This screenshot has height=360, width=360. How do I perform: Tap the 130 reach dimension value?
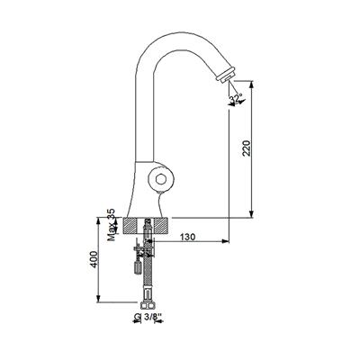[x=187, y=237]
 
